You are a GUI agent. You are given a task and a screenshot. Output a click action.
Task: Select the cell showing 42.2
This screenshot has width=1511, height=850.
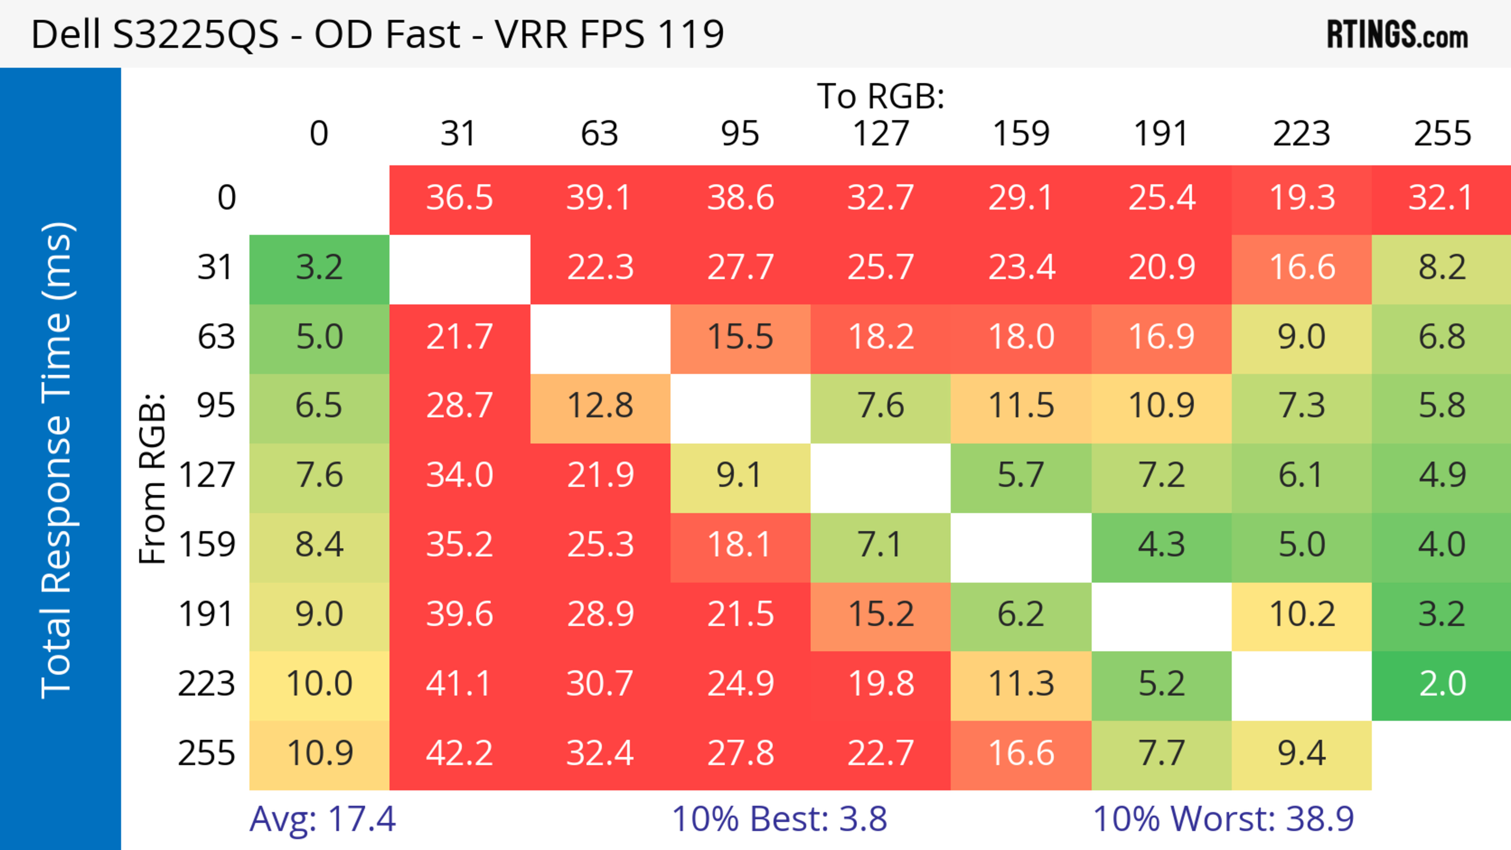[x=459, y=753]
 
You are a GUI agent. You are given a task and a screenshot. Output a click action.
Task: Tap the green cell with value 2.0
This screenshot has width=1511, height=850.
[x=1442, y=684]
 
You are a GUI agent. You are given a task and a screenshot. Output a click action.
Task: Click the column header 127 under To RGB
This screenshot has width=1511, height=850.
[x=881, y=134]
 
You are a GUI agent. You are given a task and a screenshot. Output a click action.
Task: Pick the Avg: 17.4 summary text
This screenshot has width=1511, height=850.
[x=323, y=819]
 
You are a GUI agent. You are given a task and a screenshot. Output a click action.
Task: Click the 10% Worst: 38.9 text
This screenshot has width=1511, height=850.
[x=1223, y=819]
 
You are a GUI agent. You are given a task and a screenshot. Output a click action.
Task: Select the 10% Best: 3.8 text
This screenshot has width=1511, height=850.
[x=779, y=819]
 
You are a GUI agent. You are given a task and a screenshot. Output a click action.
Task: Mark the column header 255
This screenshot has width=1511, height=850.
[x=1442, y=134]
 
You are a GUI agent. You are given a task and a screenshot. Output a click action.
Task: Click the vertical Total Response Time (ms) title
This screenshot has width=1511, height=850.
[x=57, y=460]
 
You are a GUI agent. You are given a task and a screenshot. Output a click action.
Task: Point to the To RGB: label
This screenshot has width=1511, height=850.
[x=881, y=96]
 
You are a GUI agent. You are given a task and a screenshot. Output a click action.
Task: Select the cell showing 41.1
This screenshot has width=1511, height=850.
[x=459, y=684]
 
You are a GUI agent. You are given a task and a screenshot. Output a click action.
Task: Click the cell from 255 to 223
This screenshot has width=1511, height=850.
[x=1302, y=753]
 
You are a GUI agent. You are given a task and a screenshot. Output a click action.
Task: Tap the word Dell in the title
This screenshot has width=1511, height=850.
[x=65, y=34]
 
